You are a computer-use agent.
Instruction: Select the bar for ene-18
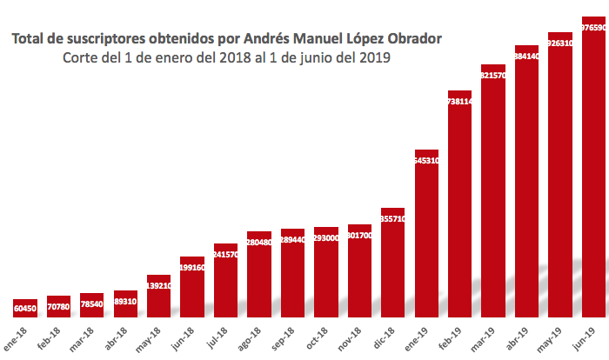pyautogui.click(x=25, y=308)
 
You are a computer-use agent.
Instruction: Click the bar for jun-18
pyautogui.click(x=192, y=286)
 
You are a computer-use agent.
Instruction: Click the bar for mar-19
pyautogui.click(x=493, y=190)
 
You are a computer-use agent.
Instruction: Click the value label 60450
pyautogui.click(x=25, y=308)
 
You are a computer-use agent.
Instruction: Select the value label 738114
pyautogui.click(x=459, y=102)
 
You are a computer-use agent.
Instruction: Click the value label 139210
pyautogui.click(x=158, y=285)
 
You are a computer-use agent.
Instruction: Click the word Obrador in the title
pyautogui.click(x=413, y=38)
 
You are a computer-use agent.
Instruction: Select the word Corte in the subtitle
pyautogui.click(x=80, y=58)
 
